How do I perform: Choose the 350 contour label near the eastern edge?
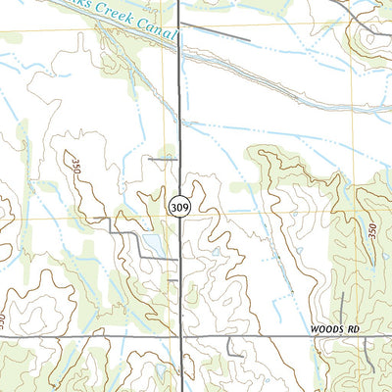tap(371, 233)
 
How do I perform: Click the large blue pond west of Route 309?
tap(152, 241)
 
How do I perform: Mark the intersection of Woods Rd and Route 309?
tap(181, 335)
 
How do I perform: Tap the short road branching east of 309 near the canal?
tap(216, 34)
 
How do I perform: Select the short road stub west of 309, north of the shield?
tap(162, 157)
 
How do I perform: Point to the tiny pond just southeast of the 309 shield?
tap(215, 252)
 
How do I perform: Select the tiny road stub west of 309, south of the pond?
tap(172, 279)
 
